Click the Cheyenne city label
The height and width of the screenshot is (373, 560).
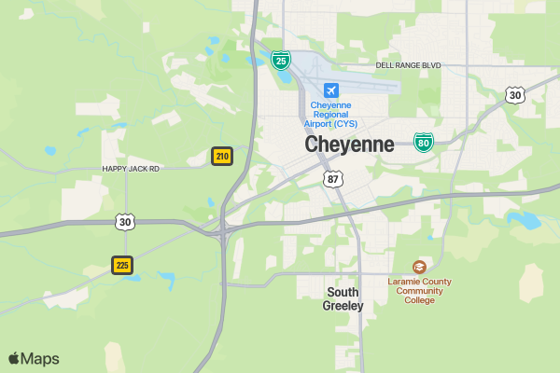pos(349,145)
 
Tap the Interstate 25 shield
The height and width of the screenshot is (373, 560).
pos(280,61)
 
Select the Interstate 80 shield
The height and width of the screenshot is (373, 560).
pos(424,142)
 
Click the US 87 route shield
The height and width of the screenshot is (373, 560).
pos(333,177)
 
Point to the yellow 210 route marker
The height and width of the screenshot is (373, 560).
pos(222,156)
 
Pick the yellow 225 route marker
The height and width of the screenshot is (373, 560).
pos(122,265)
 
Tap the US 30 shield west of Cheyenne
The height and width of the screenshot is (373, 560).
pos(126,221)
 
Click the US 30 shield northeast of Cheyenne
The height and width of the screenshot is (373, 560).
pos(515,94)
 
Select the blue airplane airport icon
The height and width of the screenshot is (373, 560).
pos(330,90)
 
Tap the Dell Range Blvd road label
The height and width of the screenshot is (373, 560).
pos(408,65)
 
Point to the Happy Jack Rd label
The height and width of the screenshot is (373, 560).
pos(131,169)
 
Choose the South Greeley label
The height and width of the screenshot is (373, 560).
pos(343,298)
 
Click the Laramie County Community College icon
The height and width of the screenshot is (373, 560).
pos(419,267)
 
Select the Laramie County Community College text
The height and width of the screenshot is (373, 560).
pos(420,290)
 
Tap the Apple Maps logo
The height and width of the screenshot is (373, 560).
pos(34,358)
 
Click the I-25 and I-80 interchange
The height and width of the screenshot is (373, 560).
pos(224,227)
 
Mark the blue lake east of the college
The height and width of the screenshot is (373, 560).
pos(526,221)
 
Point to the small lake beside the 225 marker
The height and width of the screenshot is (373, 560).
pos(166,278)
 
